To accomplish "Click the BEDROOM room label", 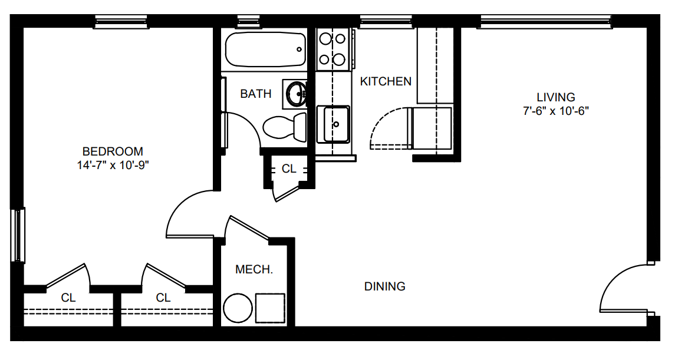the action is click(x=113, y=151).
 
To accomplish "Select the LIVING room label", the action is click(x=555, y=97).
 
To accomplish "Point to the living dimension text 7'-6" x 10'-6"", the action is click(x=555, y=111).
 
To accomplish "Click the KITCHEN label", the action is click(x=386, y=81).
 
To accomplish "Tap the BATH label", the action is click(x=255, y=93).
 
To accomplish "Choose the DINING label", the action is click(x=385, y=286).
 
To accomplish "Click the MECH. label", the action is click(x=254, y=270).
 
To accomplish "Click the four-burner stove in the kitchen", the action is click(x=333, y=49).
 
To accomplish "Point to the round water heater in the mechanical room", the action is click(x=238, y=308).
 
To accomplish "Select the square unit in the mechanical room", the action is click(x=270, y=308).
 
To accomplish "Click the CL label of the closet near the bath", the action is click(x=289, y=169).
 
